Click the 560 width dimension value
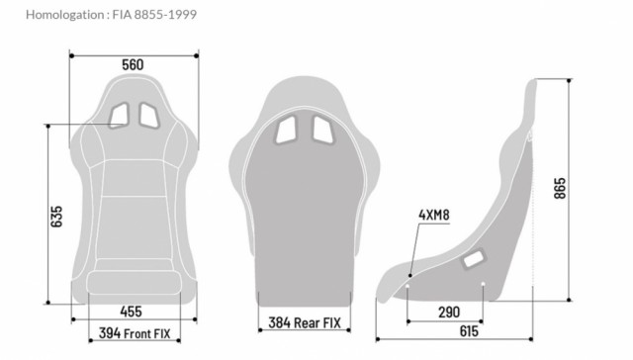click(x=133, y=64)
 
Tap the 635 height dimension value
click(x=56, y=217)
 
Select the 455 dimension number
click(x=132, y=312)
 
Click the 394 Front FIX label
click(x=135, y=333)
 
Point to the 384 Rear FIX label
click(x=305, y=322)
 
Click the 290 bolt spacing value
click(x=449, y=312)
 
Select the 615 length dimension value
click(x=469, y=331)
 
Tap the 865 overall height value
click(x=560, y=188)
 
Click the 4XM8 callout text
click(x=434, y=216)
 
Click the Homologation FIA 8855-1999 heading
click(x=111, y=15)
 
